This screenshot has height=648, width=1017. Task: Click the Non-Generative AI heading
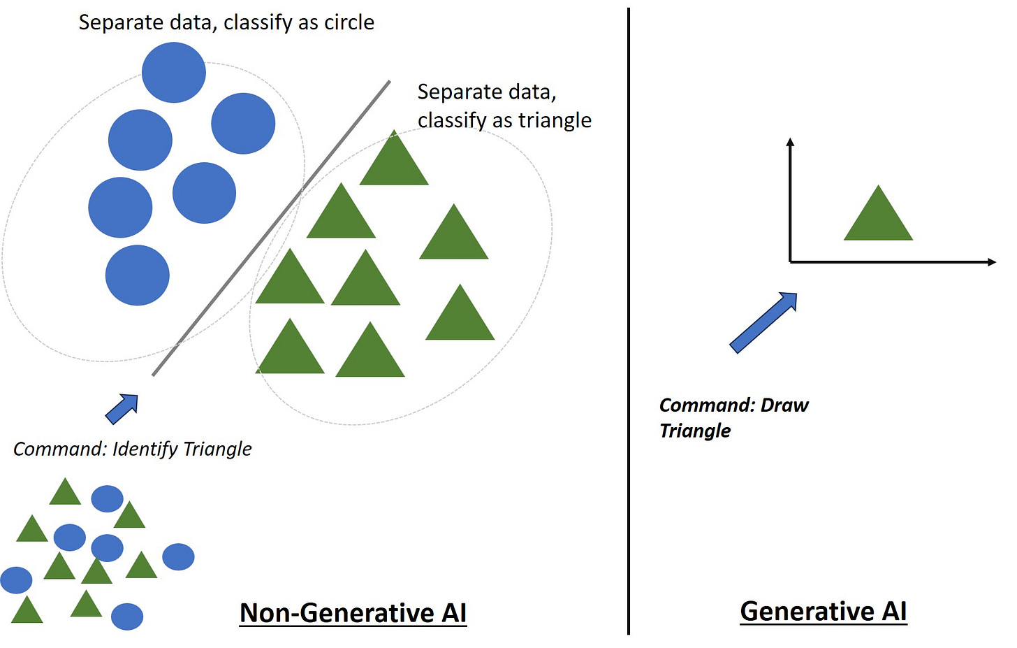(353, 613)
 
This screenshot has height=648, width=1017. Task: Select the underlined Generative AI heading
(823, 612)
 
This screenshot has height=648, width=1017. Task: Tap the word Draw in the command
(784, 405)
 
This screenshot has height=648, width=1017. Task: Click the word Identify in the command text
(145, 449)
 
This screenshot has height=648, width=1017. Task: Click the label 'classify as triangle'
(504, 120)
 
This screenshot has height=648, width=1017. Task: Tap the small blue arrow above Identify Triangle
(122, 408)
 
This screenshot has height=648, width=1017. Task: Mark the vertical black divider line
(629, 322)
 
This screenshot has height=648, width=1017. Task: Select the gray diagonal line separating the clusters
(272, 228)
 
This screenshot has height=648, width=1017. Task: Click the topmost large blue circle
(173, 72)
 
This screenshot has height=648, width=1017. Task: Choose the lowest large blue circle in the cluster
(137, 275)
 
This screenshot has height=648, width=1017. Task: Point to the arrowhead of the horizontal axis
(992, 262)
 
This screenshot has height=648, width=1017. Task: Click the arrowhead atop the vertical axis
(790, 142)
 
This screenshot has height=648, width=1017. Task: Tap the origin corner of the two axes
(790, 262)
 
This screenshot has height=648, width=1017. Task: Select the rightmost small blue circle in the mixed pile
(178, 557)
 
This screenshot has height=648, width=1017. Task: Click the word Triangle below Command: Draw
(695, 431)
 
